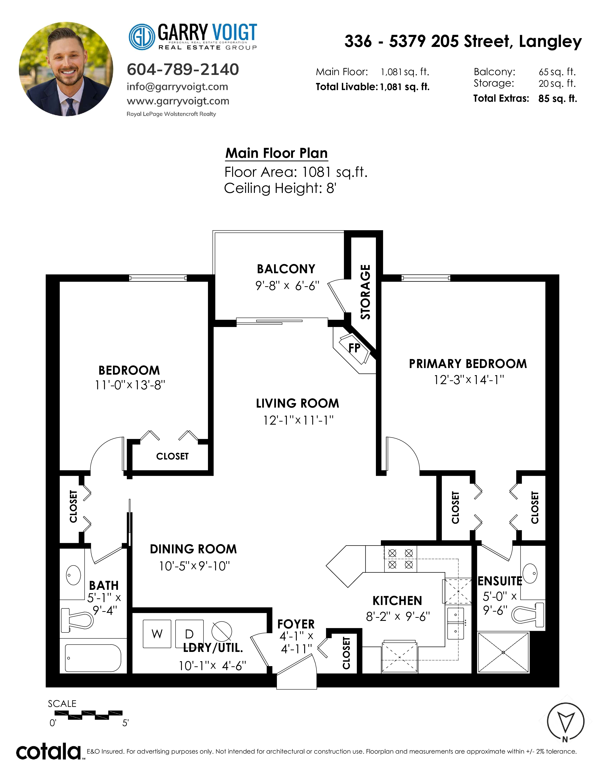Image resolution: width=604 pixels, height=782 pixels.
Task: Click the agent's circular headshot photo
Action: [x=66, y=69]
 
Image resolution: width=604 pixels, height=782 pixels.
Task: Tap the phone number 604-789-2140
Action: [x=183, y=69]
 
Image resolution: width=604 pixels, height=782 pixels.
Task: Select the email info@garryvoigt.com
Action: [x=177, y=87]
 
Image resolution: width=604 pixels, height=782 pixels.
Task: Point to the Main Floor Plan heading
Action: [x=276, y=153]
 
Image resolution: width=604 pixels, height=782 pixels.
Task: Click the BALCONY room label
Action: [x=286, y=269]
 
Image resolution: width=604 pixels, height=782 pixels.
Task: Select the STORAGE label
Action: [x=365, y=292]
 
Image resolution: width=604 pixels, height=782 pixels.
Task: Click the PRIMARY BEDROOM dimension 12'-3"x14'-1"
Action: [x=469, y=380]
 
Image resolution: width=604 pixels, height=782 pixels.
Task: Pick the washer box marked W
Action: [x=157, y=634]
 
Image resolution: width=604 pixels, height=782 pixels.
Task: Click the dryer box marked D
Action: [x=189, y=634]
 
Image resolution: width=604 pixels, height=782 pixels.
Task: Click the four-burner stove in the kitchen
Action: [x=400, y=559]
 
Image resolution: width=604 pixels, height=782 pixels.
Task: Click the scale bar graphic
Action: [x=88, y=715]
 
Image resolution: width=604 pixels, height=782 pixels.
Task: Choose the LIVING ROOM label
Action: [x=297, y=404]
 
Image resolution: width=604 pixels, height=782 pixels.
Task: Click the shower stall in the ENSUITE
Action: [x=503, y=652]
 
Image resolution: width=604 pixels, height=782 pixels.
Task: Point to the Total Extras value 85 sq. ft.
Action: [x=558, y=99]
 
